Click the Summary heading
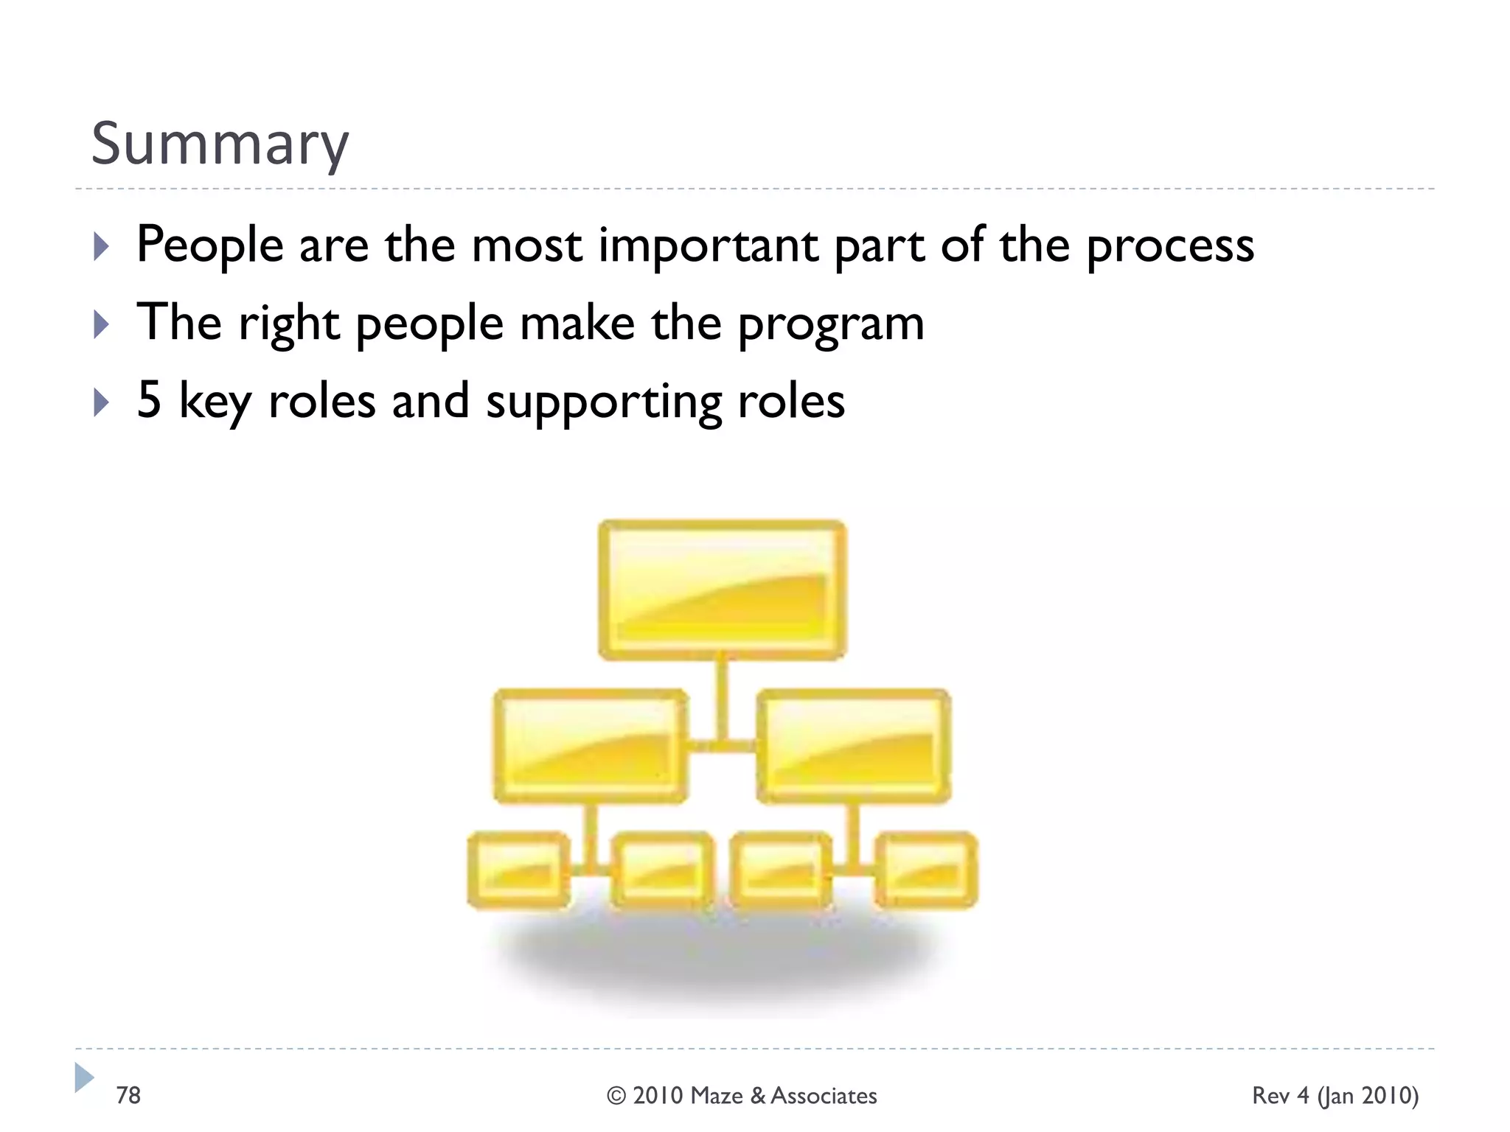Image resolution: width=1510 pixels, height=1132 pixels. point(220,144)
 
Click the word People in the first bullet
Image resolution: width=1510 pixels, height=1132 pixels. point(210,245)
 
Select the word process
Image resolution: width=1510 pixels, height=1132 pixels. point(1170,245)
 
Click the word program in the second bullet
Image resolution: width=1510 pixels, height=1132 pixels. point(831,324)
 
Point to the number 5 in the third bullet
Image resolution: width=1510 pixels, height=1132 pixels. point(149,400)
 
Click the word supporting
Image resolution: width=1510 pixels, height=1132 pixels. point(603,402)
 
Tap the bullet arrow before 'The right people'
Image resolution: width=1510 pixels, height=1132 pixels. point(102,324)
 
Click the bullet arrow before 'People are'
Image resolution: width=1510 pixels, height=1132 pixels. point(102,246)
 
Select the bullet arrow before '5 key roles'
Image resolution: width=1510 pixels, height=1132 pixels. point(102,402)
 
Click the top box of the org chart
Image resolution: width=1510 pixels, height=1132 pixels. point(722,590)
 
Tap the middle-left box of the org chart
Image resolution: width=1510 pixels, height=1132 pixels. point(591,746)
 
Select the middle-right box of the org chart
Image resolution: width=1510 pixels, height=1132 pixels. point(854,746)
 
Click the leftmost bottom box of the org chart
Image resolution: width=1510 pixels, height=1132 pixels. point(519,870)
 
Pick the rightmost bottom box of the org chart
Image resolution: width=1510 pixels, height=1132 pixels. point(926,870)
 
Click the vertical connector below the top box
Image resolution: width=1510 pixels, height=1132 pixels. point(722,696)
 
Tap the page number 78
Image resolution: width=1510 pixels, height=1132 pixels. point(128,1095)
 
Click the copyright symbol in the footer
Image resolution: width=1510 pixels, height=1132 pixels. point(616,1096)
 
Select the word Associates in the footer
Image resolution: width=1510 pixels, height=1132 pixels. point(824,1096)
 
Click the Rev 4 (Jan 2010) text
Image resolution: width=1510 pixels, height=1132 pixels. point(1335,1096)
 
